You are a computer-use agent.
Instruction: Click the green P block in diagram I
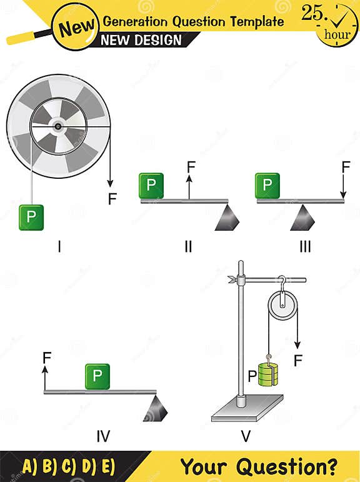coord(31,217)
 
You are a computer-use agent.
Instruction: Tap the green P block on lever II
coord(151,186)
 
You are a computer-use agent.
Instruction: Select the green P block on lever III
coord(267,186)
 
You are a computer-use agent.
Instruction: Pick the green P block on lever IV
coord(97,376)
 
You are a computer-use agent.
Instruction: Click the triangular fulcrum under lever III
coord(303,217)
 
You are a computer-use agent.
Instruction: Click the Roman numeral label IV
coord(104,436)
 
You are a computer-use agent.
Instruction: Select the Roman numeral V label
coord(246,436)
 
